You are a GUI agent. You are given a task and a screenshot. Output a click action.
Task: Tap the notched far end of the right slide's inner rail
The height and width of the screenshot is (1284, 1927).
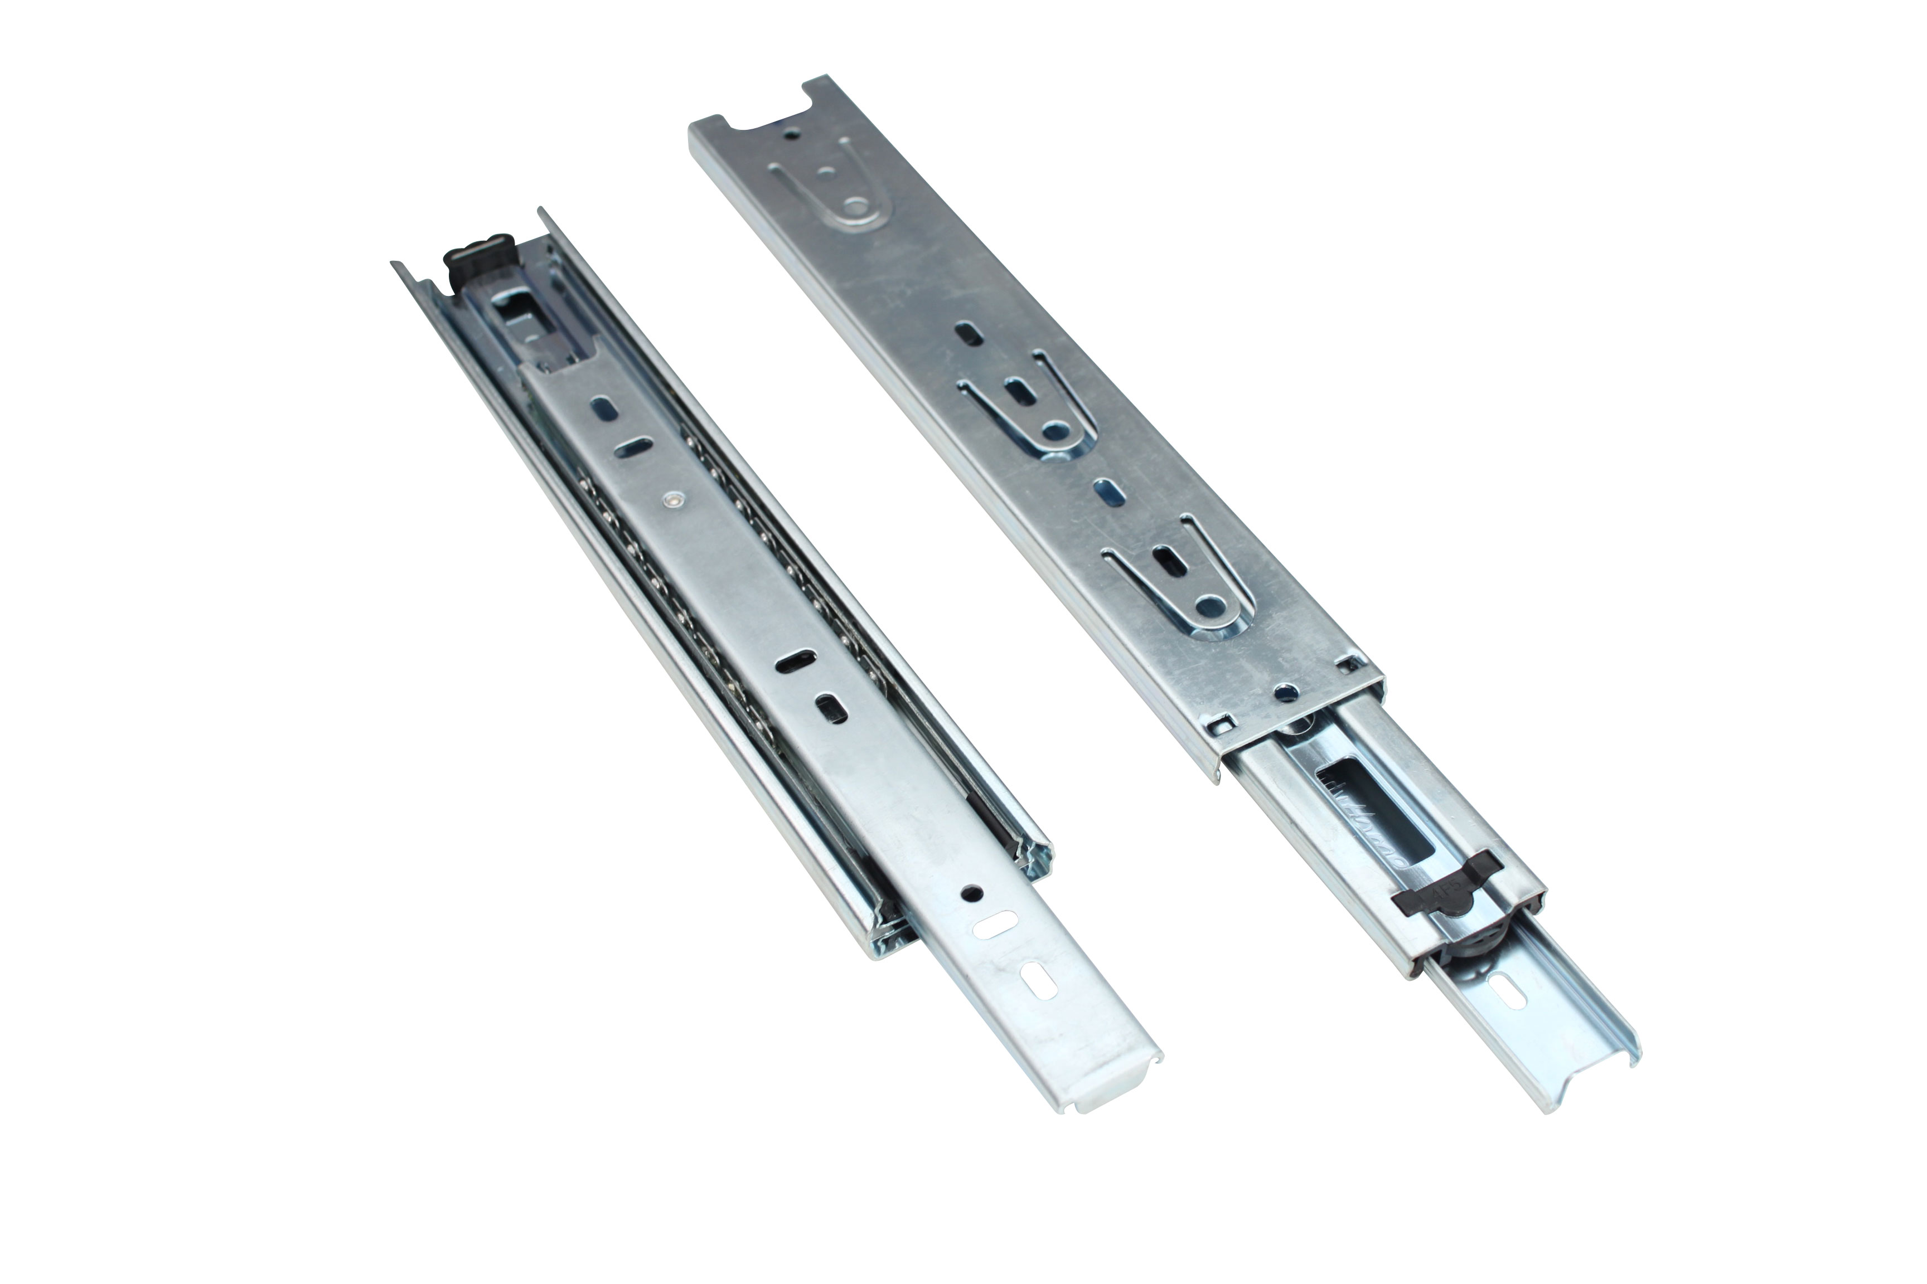(x=1590, y=1081)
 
